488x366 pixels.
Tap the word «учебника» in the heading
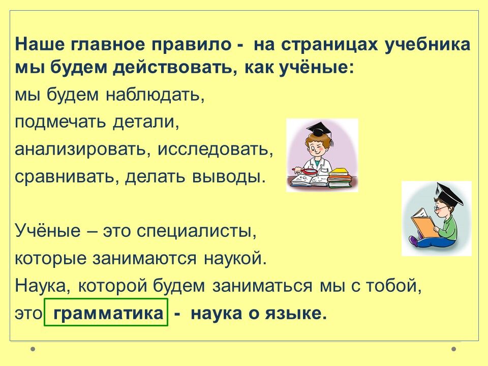428,45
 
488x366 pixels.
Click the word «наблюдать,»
156,95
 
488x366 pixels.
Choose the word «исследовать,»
216,149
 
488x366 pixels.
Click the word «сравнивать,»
67,176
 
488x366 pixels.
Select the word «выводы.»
229,176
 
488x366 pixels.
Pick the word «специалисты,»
196,231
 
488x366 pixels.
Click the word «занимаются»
145,258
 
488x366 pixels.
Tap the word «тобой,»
393,285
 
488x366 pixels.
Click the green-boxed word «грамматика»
108,313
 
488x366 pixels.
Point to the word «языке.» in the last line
296,313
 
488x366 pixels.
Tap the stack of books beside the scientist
340,178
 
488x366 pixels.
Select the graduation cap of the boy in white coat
320,130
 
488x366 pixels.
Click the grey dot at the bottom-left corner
33,349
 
